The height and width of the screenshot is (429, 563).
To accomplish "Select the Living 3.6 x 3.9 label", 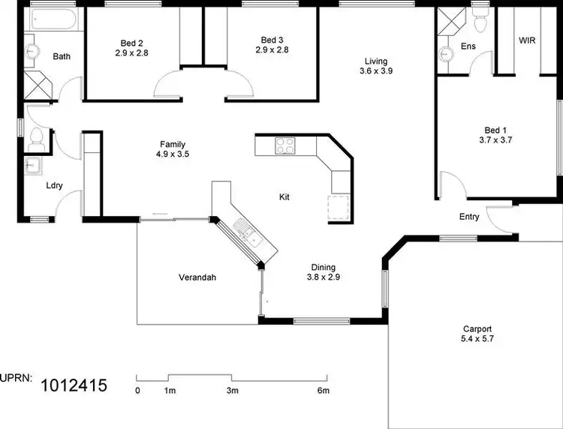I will [377, 66].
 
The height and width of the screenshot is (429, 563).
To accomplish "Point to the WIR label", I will [527, 40].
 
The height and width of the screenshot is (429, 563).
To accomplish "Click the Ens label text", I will [468, 46].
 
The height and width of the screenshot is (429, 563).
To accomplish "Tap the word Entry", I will [469, 217].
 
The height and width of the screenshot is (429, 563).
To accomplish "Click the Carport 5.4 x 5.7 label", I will [477, 334].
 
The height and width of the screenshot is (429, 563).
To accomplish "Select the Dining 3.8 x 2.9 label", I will [324, 272].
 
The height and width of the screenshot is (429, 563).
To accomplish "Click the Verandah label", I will [197, 277].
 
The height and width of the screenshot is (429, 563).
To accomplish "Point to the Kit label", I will [285, 197].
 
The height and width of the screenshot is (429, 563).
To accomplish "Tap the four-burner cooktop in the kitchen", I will [286, 145].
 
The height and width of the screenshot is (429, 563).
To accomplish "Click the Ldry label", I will [54, 185].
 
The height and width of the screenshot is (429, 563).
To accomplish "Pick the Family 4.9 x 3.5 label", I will [173, 150].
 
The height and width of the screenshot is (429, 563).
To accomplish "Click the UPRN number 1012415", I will [74, 386].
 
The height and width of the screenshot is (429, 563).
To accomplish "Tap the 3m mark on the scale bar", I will [233, 391].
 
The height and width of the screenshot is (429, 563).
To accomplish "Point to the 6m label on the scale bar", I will [324, 391].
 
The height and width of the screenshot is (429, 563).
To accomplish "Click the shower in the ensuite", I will [450, 21].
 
